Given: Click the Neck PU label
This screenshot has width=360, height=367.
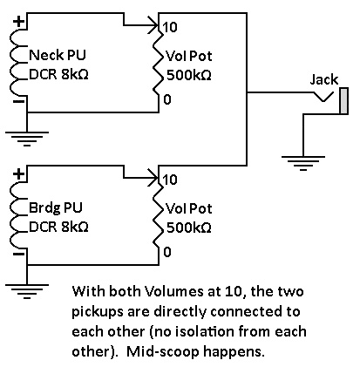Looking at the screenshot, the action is (58, 55).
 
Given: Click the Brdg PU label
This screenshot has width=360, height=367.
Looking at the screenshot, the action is (56, 207).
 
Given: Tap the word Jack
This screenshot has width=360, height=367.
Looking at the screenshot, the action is (324, 79).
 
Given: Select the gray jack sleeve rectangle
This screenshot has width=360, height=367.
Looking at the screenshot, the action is (344, 101).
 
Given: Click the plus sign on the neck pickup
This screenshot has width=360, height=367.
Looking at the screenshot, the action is (18, 22).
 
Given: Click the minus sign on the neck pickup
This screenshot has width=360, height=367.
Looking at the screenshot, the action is (18, 101).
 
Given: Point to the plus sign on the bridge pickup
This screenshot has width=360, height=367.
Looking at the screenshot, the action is (18, 174).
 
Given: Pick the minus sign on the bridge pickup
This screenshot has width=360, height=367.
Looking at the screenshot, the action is (18, 255).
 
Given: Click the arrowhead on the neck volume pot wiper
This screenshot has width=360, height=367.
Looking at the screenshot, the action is (153, 25).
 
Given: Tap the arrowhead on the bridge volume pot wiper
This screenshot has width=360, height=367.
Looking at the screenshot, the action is (153, 178).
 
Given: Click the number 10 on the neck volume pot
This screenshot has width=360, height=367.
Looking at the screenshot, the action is (170, 27).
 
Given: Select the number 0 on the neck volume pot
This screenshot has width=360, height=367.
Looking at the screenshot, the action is (167, 99).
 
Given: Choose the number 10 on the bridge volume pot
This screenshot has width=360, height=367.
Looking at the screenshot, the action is (170, 180).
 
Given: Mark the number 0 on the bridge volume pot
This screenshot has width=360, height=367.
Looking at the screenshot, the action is (167, 252).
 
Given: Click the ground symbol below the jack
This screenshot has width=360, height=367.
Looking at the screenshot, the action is (303, 163).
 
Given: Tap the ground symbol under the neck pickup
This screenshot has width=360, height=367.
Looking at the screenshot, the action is (27, 139).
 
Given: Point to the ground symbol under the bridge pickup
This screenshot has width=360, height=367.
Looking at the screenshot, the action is (27, 291).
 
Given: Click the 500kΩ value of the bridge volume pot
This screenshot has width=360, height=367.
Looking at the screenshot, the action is (189, 228).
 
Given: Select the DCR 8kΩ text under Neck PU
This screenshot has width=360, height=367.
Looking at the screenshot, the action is (58, 75).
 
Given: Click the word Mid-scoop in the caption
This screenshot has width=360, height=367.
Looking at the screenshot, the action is (163, 352).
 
